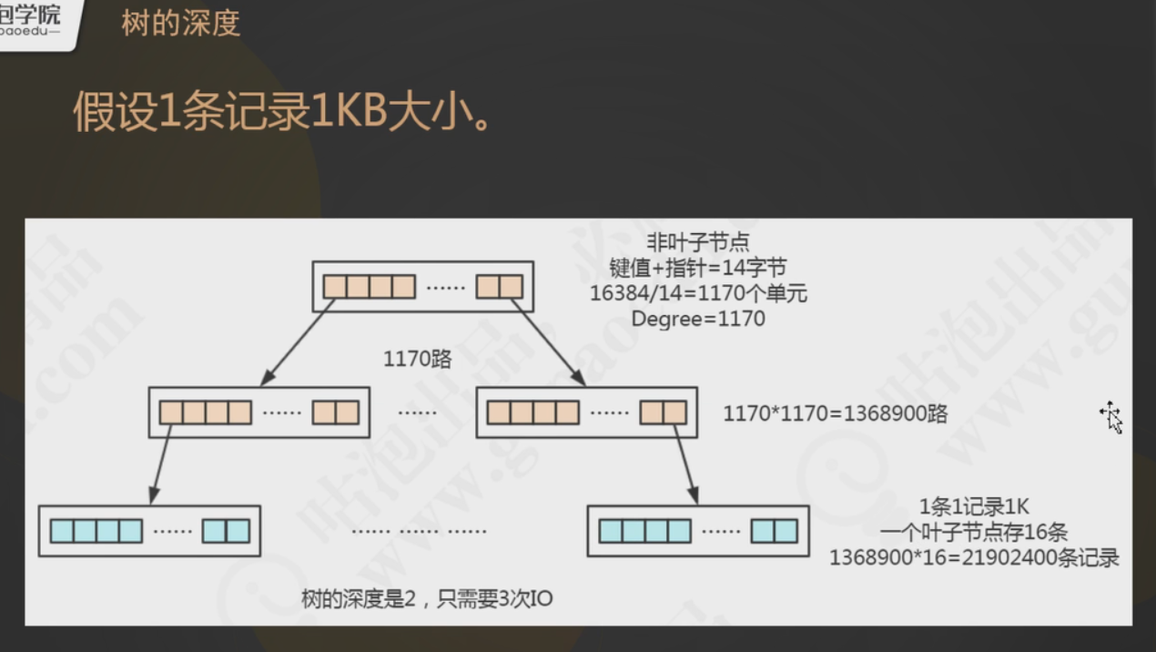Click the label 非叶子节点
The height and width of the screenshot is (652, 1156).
(x=697, y=242)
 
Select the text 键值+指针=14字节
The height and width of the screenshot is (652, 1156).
(x=697, y=268)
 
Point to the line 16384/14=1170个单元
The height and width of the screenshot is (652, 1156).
(x=698, y=293)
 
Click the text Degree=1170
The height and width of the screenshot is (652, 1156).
(x=698, y=319)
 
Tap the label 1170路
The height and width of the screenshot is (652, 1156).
(x=417, y=359)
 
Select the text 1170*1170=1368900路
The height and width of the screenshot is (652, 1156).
(x=835, y=413)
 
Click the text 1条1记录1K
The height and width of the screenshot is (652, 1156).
(x=974, y=507)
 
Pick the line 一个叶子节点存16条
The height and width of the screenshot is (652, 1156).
(x=974, y=533)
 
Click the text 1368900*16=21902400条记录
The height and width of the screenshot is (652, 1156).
(x=974, y=557)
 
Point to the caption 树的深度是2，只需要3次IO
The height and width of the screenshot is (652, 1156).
(x=427, y=598)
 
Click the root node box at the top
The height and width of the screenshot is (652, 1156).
(x=422, y=287)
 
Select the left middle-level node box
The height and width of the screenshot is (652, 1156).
(x=259, y=413)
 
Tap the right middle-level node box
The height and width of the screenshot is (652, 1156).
(x=586, y=413)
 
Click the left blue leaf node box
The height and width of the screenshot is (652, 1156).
(x=149, y=531)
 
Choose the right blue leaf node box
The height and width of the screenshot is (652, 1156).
(x=698, y=531)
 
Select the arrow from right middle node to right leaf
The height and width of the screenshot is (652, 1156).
(x=684, y=464)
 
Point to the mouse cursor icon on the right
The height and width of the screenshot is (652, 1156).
(x=1110, y=416)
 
